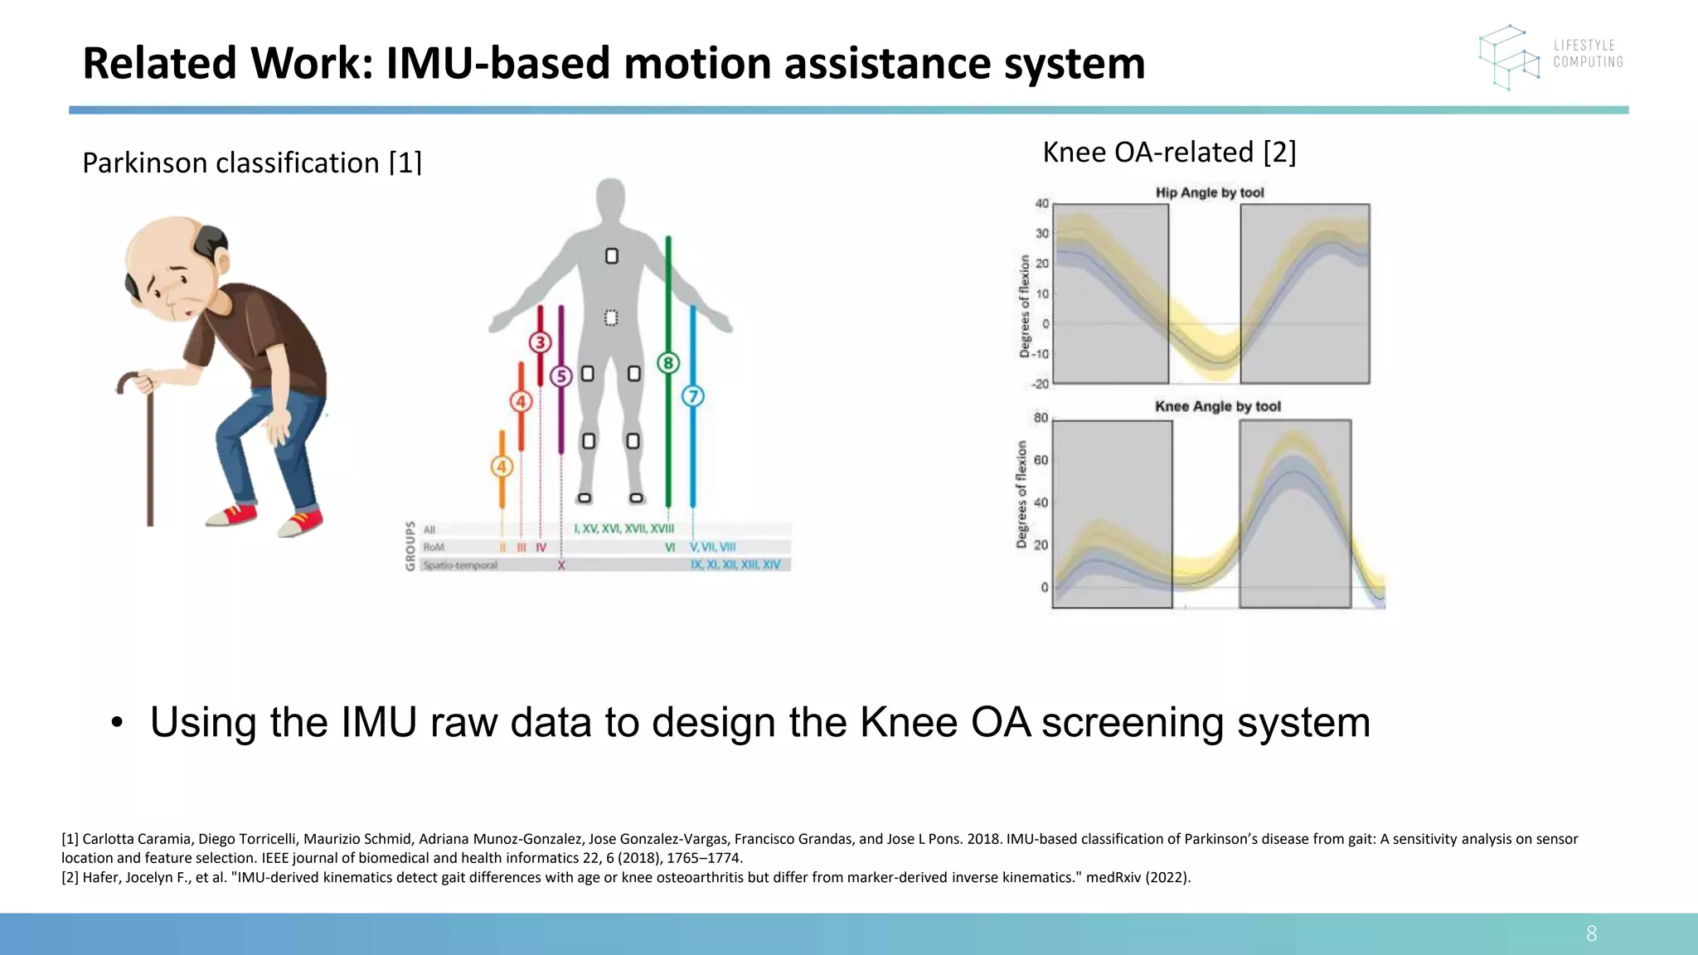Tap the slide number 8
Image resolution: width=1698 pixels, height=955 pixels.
pos(1591,933)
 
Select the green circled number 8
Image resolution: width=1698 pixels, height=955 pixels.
pos(668,363)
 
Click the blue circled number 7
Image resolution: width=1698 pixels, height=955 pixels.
pos(692,396)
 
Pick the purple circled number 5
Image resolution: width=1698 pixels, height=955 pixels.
pos(561,376)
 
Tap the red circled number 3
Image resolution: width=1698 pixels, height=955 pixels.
pos(541,342)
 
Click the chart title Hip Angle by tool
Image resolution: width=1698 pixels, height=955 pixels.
pos(1210,192)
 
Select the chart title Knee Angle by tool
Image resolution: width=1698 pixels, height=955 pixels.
pos(1217,406)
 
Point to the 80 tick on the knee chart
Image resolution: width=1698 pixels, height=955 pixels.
pos(1041,418)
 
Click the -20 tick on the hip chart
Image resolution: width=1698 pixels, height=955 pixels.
pos(1040,384)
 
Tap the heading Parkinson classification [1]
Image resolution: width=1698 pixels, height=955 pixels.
pos(252,162)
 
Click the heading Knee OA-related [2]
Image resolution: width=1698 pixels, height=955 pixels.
pos(1168,152)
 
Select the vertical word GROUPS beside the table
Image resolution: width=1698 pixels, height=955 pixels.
pos(410,545)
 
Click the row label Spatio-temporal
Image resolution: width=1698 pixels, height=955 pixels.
pos(460,565)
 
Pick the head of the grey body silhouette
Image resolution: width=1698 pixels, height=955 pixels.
pos(610,198)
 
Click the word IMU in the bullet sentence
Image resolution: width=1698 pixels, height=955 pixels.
pos(378,722)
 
